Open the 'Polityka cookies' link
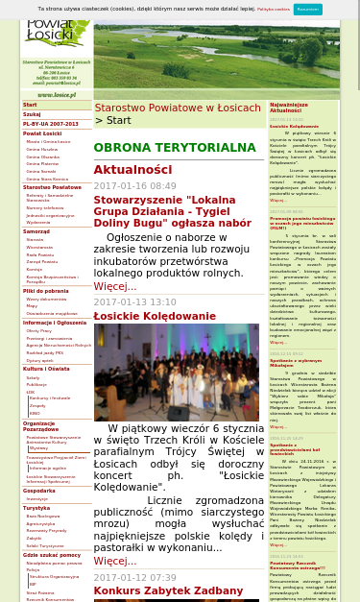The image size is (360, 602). coord(274,9)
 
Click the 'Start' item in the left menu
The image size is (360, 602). coord(30,105)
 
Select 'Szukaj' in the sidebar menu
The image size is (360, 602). coord(33,114)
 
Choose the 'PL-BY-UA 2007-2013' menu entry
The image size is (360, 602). coord(51,124)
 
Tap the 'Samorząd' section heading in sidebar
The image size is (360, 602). coord(36,231)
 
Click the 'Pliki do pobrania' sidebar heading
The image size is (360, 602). coord(46,291)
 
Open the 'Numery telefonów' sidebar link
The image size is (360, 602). coord(45,207)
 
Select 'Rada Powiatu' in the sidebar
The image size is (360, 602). coord(40,254)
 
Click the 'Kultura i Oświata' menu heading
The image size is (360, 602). coord(46,369)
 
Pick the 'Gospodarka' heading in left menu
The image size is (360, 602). coord(39,491)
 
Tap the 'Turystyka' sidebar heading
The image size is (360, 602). coord(36,508)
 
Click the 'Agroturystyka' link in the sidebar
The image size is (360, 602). coord(41,523)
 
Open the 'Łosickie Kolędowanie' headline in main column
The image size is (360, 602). coord(155,316)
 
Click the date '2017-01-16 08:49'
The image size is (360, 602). coord(134,186)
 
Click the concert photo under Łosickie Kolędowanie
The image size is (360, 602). coord(162,372)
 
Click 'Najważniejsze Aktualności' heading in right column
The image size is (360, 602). coord(289,108)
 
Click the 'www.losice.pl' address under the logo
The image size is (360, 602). coord(57,95)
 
